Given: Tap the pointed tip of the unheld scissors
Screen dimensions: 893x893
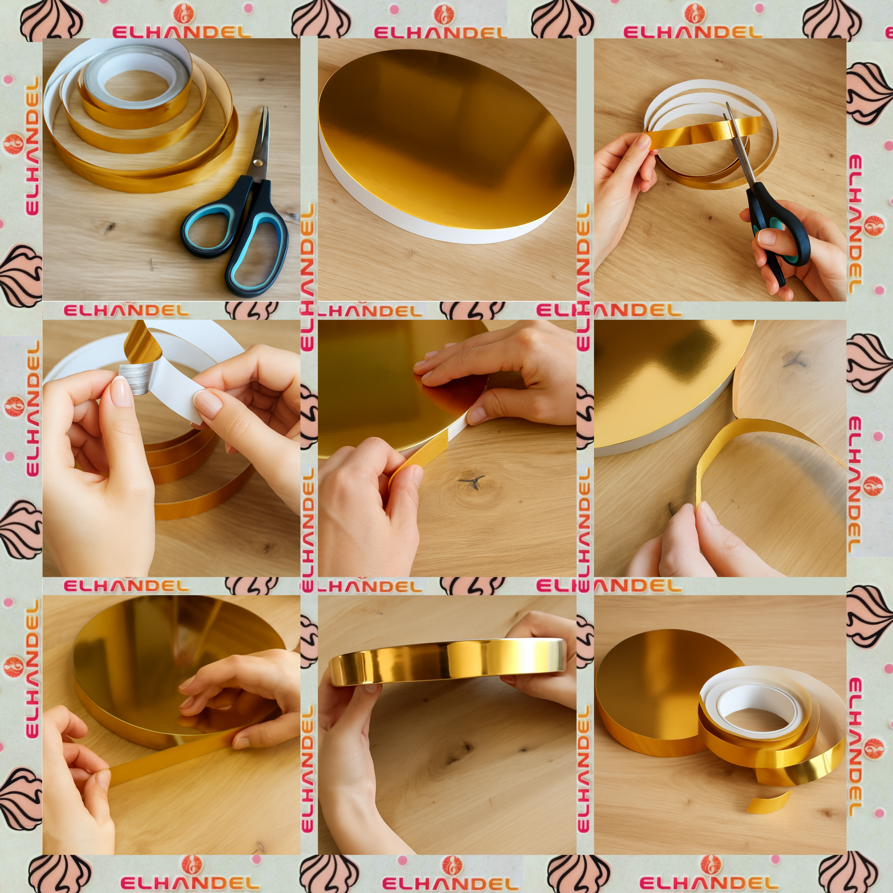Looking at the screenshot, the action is [266, 108].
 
